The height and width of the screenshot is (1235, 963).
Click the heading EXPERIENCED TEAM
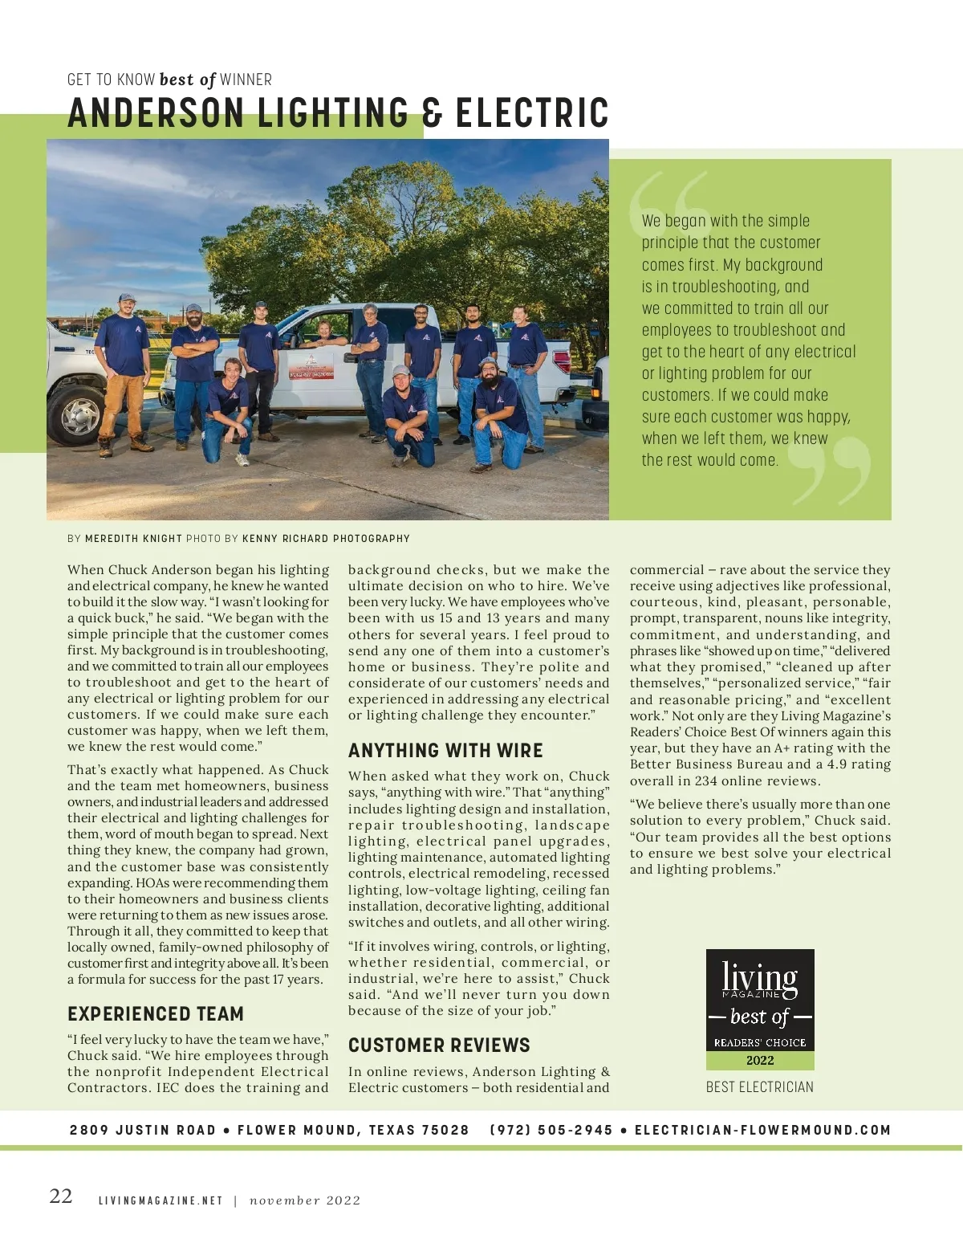156,1013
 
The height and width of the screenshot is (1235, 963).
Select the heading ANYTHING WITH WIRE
445,750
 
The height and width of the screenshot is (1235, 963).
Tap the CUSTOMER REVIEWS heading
439,1045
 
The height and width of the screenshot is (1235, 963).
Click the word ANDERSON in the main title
156,113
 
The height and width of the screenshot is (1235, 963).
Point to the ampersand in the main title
433,113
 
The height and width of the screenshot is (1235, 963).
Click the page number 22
61,1196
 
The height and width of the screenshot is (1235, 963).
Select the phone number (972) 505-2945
551,1130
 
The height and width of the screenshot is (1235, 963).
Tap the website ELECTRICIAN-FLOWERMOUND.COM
762,1130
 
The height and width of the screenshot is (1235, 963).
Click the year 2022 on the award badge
760,1060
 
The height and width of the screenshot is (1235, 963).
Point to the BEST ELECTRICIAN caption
759,1086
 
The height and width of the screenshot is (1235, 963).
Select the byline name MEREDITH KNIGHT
133,539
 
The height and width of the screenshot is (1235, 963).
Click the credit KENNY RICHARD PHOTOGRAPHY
326,539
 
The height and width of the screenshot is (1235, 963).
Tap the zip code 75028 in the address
445,1130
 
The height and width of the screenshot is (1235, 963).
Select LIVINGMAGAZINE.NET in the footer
160,1200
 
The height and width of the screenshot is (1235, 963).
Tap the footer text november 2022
305,1200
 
